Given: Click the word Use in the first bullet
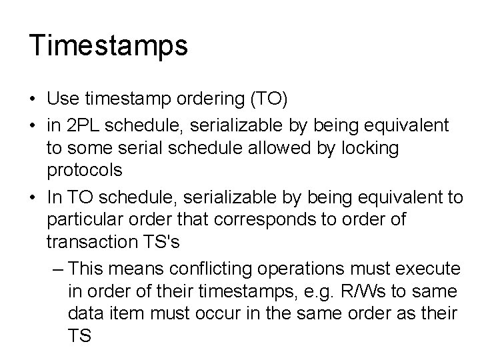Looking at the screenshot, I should point(62,99).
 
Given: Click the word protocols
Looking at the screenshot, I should point(85,170).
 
